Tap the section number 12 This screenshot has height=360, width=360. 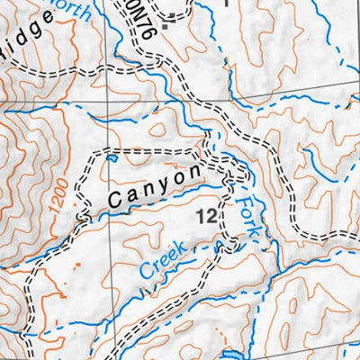[x=204, y=216]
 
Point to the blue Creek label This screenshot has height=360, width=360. [x=163, y=259]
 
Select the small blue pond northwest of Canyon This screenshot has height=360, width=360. [x=111, y=159]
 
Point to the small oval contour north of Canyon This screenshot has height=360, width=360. [x=157, y=131]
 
